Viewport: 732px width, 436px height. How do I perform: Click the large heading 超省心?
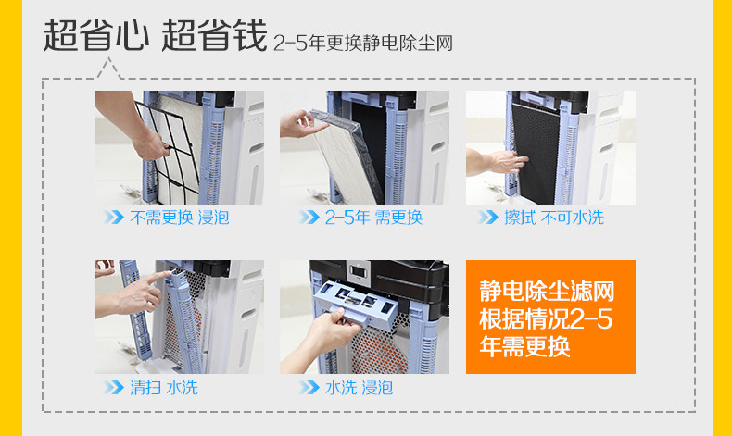click(x=96, y=35)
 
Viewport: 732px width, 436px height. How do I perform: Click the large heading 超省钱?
click(x=214, y=35)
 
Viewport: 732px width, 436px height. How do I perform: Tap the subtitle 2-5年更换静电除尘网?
click(x=362, y=44)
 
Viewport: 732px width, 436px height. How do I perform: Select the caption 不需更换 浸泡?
click(x=179, y=218)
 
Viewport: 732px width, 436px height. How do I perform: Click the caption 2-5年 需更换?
click(x=373, y=218)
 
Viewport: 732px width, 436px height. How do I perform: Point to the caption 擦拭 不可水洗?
click(x=554, y=218)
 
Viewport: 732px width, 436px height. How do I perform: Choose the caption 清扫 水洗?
click(x=164, y=388)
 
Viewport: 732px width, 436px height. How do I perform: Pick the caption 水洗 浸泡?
click(x=359, y=388)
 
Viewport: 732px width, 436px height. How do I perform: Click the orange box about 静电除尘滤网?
click(x=550, y=317)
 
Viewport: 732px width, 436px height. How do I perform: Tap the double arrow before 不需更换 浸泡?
click(x=114, y=218)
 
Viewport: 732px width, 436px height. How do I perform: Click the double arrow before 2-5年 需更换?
click(x=309, y=218)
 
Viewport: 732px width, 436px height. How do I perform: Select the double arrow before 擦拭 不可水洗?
click(x=488, y=218)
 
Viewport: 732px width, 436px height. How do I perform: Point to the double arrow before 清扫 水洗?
click(x=114, y=388)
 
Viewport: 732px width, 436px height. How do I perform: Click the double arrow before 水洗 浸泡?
click(x=309, y=388)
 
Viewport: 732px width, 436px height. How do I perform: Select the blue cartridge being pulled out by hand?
click(x=356, y=301)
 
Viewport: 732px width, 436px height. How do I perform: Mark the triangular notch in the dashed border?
click(x=109, y=69)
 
